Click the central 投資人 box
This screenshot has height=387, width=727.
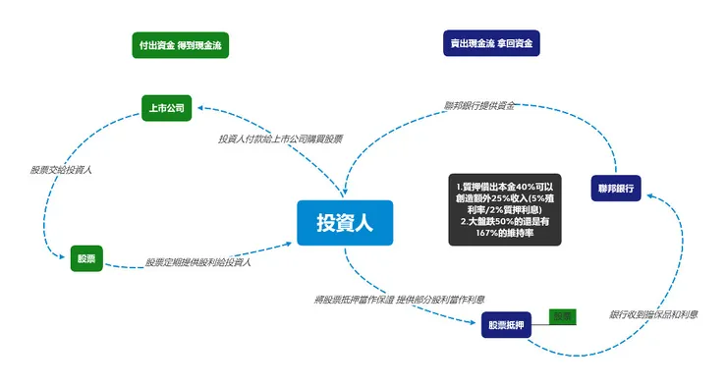345,223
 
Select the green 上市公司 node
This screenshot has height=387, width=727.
166,106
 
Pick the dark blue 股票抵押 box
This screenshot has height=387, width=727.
506,324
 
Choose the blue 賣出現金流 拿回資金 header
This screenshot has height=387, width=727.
491,44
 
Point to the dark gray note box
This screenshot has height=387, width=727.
504,210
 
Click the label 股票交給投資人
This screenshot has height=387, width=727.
61,170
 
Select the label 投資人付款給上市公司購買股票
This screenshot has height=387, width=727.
280,138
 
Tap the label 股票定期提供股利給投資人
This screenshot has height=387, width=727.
198,262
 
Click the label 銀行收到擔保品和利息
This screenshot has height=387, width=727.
653,314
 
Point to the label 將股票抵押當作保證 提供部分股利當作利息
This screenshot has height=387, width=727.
398,298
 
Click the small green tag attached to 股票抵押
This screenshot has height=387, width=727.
561,316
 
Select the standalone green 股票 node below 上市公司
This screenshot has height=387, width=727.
86,259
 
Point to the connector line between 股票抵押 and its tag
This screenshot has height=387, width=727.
539,321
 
